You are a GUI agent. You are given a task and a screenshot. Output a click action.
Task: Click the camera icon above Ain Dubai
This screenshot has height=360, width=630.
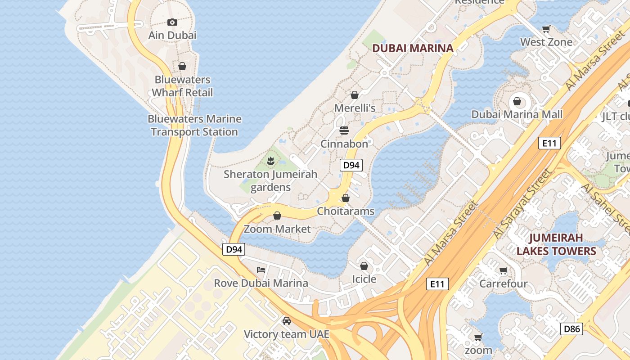(172, 22)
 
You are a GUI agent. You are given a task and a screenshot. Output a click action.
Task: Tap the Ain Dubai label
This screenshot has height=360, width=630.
(172, 35)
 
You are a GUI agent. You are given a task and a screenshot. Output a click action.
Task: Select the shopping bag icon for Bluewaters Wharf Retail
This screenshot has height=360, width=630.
(182, 67)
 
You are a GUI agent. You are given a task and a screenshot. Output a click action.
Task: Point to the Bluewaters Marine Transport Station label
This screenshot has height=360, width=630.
(194, 126)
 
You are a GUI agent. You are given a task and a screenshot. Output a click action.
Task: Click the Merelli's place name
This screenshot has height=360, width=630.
(355, 108)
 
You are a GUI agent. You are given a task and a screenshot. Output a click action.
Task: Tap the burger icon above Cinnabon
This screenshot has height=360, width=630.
(344, 130)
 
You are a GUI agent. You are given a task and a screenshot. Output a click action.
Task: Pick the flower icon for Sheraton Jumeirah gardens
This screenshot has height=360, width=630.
(270, 161)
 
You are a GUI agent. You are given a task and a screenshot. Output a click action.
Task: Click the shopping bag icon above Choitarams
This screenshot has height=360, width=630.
(346, 198)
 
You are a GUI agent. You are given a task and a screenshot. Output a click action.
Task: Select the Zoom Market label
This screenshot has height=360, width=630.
(277, 229)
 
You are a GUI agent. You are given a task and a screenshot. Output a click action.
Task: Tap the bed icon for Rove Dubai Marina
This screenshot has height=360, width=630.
(261, 270)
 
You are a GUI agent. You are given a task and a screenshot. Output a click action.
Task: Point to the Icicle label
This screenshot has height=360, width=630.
(364, 279)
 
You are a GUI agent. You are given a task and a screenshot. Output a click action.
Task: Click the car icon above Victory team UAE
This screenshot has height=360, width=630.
(286, 321)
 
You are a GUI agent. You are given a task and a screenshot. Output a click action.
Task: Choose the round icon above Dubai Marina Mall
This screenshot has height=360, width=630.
(517, 101)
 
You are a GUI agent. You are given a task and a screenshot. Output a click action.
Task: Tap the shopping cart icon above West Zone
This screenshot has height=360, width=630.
(546, 29)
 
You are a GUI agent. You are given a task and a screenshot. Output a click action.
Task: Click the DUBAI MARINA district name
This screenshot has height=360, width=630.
(413, 48)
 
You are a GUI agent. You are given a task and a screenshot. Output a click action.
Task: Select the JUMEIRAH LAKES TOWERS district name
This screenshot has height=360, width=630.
(556, 244)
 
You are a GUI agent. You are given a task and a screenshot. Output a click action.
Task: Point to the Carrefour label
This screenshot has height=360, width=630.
(503, 284)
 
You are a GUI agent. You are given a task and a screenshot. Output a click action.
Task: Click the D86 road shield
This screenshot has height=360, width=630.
(571, 328)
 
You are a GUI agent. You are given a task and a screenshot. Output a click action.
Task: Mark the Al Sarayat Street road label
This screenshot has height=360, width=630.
(522, 205)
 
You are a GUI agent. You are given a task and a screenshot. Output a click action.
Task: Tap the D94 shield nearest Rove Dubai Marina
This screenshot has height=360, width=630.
(234, 249)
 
